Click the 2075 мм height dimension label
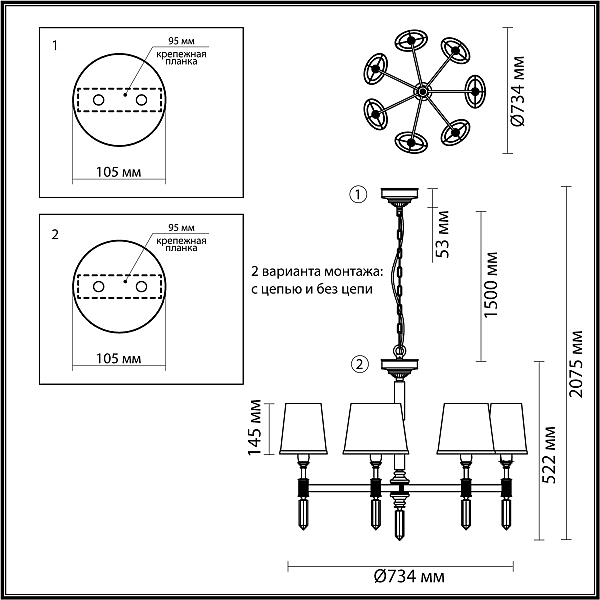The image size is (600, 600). pyautogui.click(x=576, y=364)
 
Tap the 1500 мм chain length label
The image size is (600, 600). pyautogui.click(x=491, y=284)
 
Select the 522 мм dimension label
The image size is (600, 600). pyautogui.click(x=548, y=455)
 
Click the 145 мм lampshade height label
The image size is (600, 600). pyautogui.click(x=255, y=427)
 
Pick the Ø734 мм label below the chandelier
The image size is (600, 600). pyautogui.click(x=409, y=576)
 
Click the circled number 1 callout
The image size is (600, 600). pyautogui.click(x=358, y=195)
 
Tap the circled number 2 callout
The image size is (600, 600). pyautogui.click(x=359, y=364)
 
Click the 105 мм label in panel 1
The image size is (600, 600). pyautogui.click(x=118, y=172)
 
